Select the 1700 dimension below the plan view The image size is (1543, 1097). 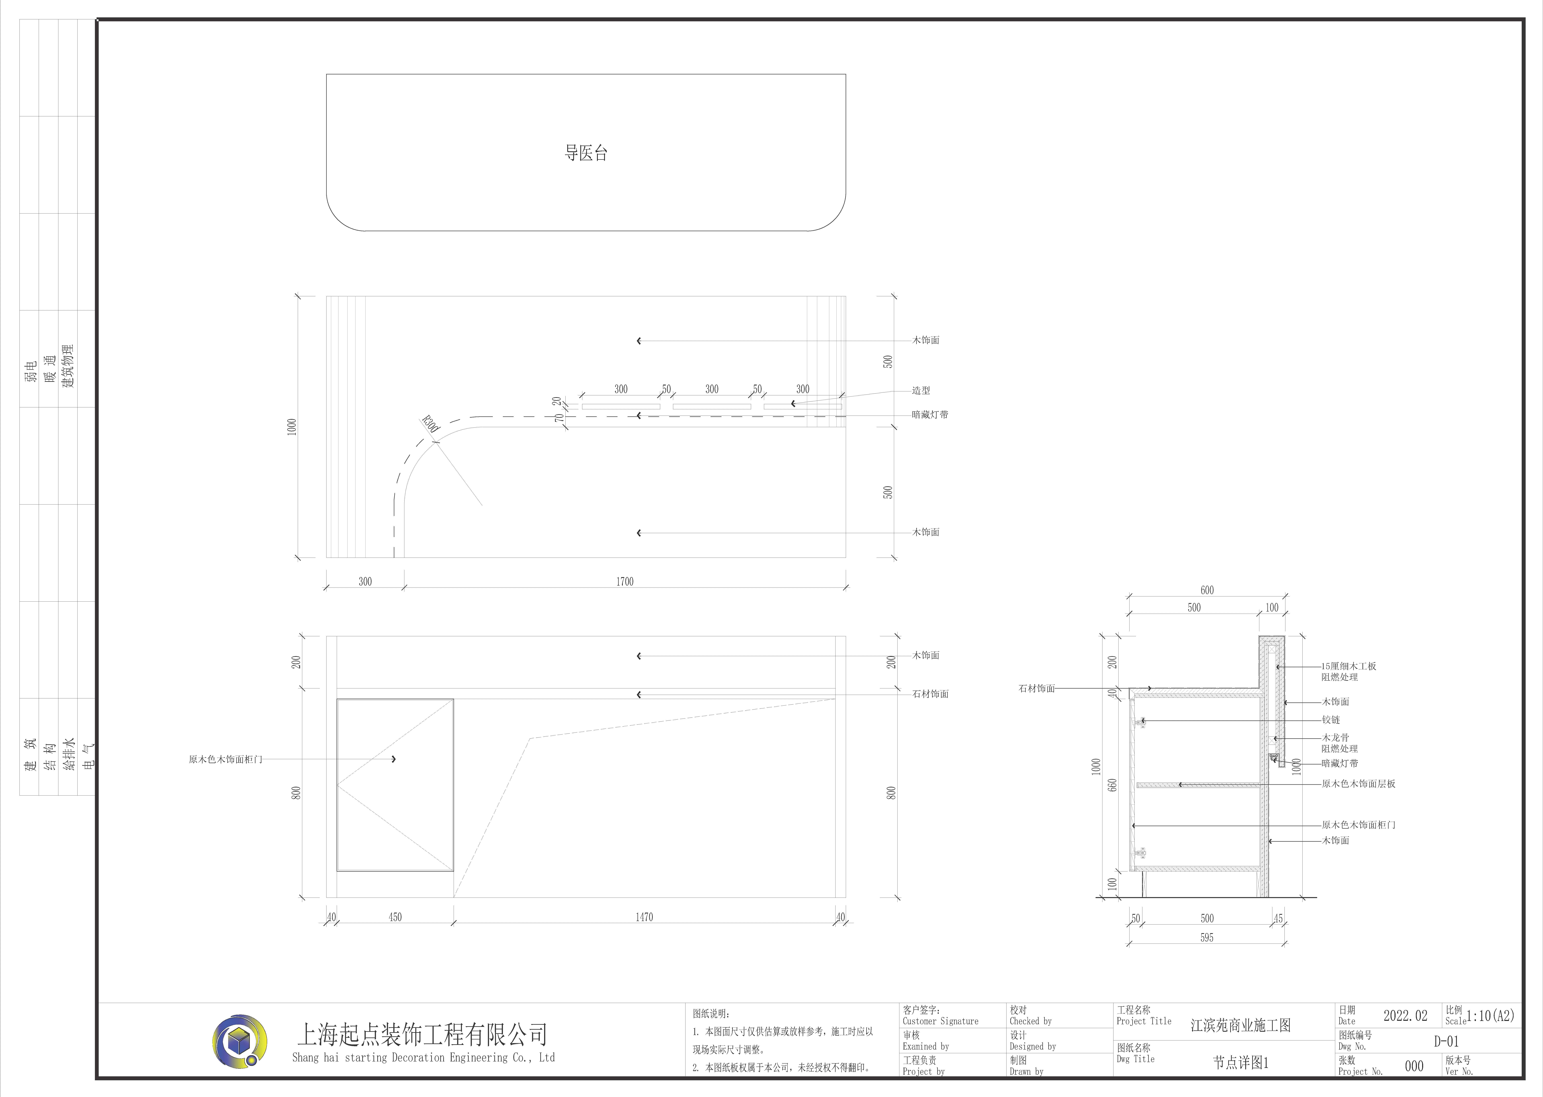[x=625, y=581]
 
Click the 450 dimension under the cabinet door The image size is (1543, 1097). [x=395, y=917]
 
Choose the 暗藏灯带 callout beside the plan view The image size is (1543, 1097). [x=930, y=414]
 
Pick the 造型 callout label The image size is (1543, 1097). [x=921, y=390]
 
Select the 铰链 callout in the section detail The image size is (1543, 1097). [x=1331, y=720]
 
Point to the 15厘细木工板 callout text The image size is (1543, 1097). [x=1349, y=666]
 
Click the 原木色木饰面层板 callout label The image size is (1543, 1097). [x=1358, y=784]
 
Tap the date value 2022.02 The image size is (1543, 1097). [x=1405, y=1015]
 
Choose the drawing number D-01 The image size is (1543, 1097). [x=1446, y=1041]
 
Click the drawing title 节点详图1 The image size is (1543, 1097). [x=1240, y=1063]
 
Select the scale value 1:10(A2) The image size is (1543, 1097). [x=1490, y=1015]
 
